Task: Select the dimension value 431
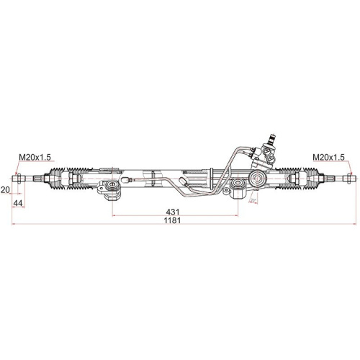click(173, 212)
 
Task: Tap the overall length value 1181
click(171, 220)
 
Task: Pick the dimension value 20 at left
click(6, 189)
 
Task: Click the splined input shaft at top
click(273, 136)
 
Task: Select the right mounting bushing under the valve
click(238, 191)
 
